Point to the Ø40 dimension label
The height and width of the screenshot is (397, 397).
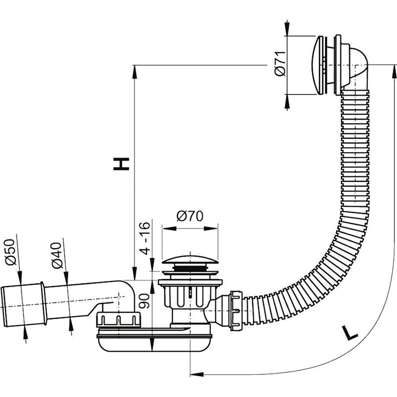tap(56, 256)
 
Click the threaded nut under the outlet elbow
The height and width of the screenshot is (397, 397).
tap(118, 319)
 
